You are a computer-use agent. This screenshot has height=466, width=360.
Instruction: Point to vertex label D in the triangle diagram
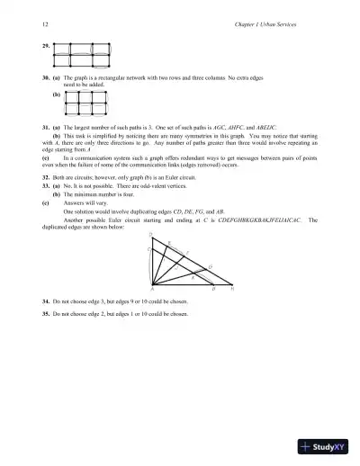pyautogui.click(x=149, y=235)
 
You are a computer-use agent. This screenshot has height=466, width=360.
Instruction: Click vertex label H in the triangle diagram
pyautogui.click(x=232, y=290)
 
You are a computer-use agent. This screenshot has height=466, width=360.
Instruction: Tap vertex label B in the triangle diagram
pyautogui.click(x=213, y=290)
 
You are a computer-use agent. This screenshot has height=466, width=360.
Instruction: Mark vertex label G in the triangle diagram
pyautogui.click(x=211, y=266)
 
